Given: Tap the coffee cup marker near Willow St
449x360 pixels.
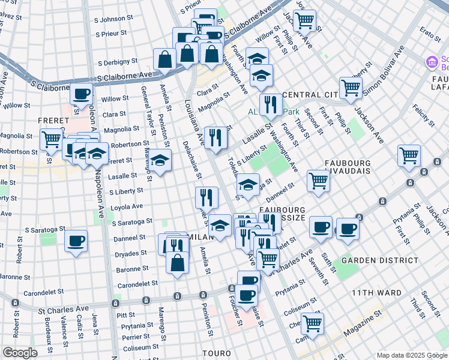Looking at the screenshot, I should pyautogui.click(x=81, y=94).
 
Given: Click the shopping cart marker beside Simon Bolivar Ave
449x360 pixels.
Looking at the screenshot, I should pyautogui.click(x=350, y=87).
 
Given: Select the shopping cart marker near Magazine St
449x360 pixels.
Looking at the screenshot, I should pyautogui.click(x=312, y=322).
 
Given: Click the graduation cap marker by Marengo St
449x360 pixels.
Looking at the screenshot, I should pyautogui.click(x=160, y=160).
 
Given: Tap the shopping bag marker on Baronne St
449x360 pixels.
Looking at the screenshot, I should pyautogui.click(x=178, y=262).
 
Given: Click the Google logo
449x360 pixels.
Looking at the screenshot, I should pyautogui.click(x=20, y=353).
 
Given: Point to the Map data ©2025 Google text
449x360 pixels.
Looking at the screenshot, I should pyautogui.click(x=412, y=355).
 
